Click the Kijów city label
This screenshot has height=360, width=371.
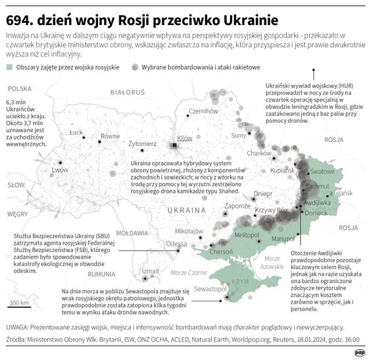pyautogui.click(x=185, y=138)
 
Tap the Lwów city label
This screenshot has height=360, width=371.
pyautogui.click(x=60, y=170)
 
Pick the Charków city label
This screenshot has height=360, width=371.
pyautogui.click(x=253, y=153)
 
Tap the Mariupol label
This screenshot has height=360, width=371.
pyautogui.click(x=284, y=238)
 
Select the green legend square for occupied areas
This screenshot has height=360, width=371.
pyautogui.click(x=8, y=67)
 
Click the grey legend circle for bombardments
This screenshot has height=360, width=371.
pyautogui.click(x=136, y=67)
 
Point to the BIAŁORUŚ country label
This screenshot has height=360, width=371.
pyautogui.click(x=126, y=94)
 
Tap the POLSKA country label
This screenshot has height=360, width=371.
pyautogui.click(x=20, y=89)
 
